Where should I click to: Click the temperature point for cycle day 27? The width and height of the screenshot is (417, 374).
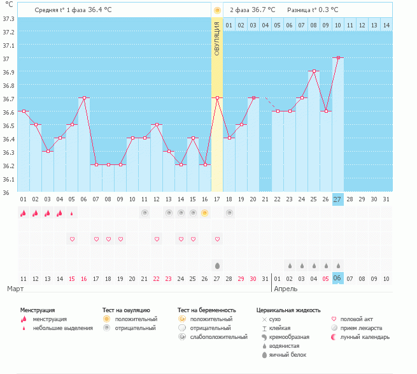coord(338,57)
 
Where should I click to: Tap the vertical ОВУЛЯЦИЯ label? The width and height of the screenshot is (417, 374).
coord(217,40)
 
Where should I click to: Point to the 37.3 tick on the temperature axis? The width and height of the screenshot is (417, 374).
coord(9,18)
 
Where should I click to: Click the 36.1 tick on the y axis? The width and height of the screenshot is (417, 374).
coord(9,179)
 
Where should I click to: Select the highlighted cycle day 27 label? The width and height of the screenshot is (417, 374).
coord(338,199)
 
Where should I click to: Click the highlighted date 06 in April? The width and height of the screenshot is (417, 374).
coord(338,278)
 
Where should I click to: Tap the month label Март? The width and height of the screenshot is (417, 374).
coord(17,289)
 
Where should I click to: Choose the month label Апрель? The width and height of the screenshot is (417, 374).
coord(286,289)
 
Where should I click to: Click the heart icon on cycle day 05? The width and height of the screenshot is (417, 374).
coord(72,239)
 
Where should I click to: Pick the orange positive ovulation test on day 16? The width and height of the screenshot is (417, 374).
coord(205,213)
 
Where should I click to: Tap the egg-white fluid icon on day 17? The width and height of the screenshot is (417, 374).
coord(217,265)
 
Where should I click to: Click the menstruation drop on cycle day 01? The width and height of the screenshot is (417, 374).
coord(24,213)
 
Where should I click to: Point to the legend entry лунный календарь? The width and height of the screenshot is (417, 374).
coord(365,336)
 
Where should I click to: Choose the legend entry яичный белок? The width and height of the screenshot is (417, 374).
coord(288,354)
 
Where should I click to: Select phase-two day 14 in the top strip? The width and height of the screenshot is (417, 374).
coord(386,25)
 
